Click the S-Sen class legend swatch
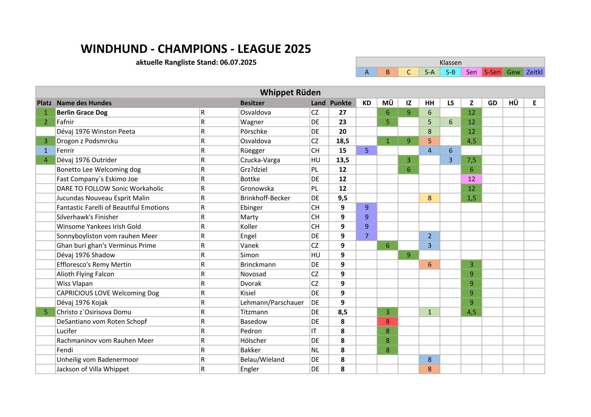(492, 72)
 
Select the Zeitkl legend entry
(534, 72)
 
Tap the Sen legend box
(471, 72)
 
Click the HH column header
(429, 103)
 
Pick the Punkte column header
(340, 103)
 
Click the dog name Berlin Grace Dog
(82, 112)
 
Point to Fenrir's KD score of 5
(366, 151)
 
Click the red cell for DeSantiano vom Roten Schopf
(387, 322)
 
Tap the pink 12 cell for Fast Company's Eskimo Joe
(471, 179)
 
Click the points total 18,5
(343, 141)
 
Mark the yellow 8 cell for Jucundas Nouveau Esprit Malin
(429, 198)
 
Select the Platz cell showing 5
(46, 312)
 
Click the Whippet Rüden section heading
(290, 93)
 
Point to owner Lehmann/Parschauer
(272, 303)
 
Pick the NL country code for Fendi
(315, 350)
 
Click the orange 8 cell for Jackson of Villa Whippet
(429, 369)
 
